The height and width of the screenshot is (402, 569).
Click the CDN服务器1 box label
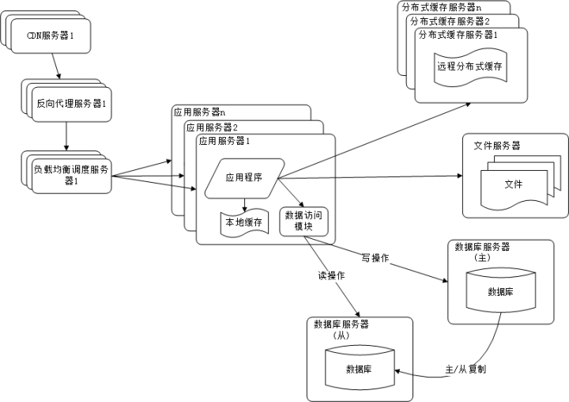click(56, 35)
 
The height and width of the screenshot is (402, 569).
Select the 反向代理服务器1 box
click(72, 104)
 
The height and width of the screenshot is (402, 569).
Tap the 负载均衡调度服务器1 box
click(70, 174)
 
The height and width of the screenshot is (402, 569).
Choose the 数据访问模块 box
click(298, 221)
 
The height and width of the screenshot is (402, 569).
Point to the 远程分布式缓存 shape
click(469, 66)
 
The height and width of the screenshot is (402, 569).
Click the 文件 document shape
click(514, 185)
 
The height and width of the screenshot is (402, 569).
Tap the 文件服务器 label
click(497, 146)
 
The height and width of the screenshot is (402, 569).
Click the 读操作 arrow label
click(333, 275)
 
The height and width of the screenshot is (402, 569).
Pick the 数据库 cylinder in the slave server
click(360, 369)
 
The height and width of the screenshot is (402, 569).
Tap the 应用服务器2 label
click(213, 127)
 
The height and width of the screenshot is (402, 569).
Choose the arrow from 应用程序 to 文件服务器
click(371, 178)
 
